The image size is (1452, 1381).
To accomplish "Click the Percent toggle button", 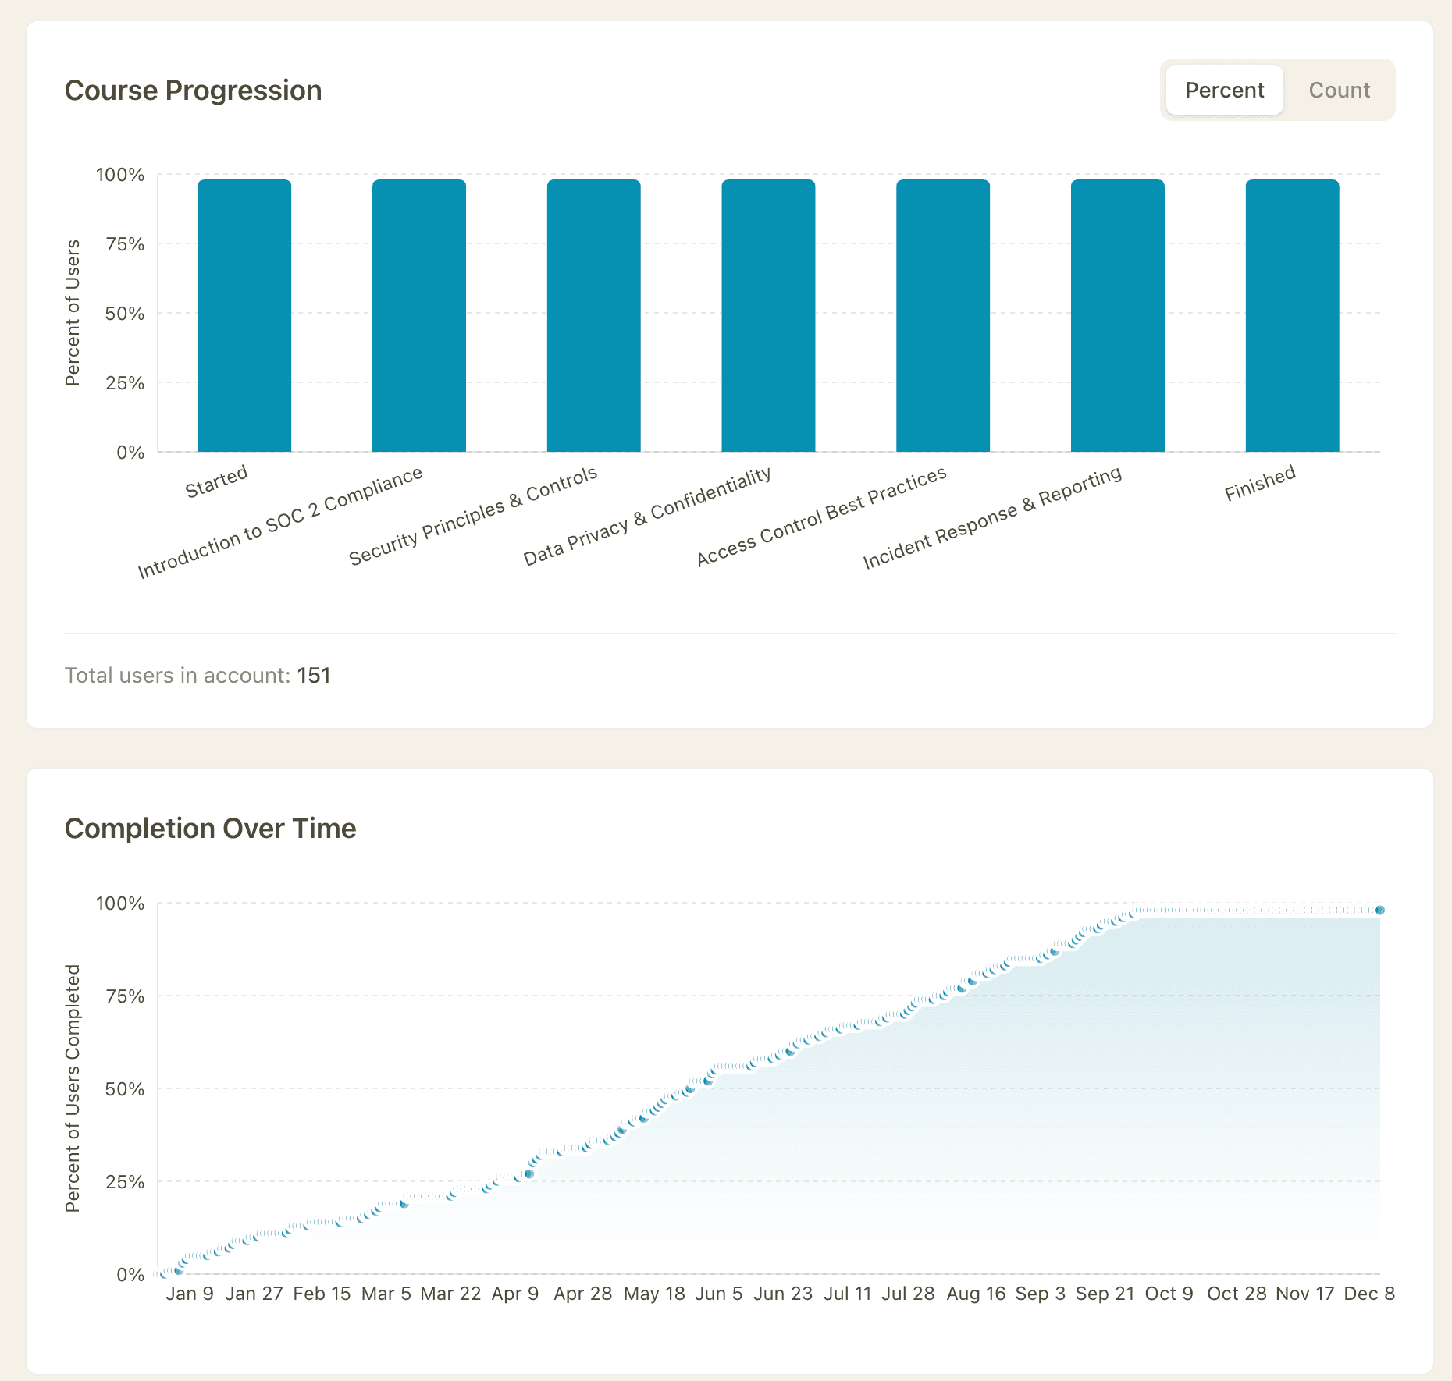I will pyautogui.click(x=1224, y=91).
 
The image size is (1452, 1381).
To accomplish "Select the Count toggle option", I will pyautogui.click(x=1339, y=91).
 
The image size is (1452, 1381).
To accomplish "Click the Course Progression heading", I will pyautogui.click(x=193, y=91).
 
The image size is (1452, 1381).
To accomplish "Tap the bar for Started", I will pyautogui.click(x=244, y=315).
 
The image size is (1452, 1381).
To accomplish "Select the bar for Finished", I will pyautogui.click(x=1292, y=315).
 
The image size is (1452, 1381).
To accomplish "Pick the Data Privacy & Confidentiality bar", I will pyautogui.click(x=768, y=315).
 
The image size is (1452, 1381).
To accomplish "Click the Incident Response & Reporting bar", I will pyautogui.click(x=1117, y=315).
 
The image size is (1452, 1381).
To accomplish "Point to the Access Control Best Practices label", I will pyautogui.click(x=821, y=517).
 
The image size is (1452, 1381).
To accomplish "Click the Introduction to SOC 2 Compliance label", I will pyautogui.click(x=280, y=523).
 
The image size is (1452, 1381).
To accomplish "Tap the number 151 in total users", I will pyautogui.click(x=314, y=676).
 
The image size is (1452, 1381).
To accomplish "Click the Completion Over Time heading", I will pyautogui.click(x=210, y=829).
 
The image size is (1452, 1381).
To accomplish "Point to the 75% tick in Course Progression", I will pyautogui.click(x=125, y=244).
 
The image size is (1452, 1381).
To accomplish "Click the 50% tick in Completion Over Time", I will pyautogui.click(x=125, y=1089).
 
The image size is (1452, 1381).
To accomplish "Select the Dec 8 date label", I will pyautogui.click(x=1368, y=1294).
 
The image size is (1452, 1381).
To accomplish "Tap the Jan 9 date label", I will pyautogui.click(x=190, y=1294).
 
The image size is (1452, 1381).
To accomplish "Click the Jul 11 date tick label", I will pyautogui.click(x=847, y=1294).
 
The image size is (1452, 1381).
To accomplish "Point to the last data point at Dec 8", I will pyautogui.click(x=1379, y=911).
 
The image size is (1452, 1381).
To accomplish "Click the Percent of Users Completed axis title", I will pyautogui.click(x=73, y=1088).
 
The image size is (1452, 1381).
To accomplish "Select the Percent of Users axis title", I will pyautogui.click(x=73, y=313).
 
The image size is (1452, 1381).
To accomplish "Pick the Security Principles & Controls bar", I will pyautogui.click(x=593, y=315).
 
